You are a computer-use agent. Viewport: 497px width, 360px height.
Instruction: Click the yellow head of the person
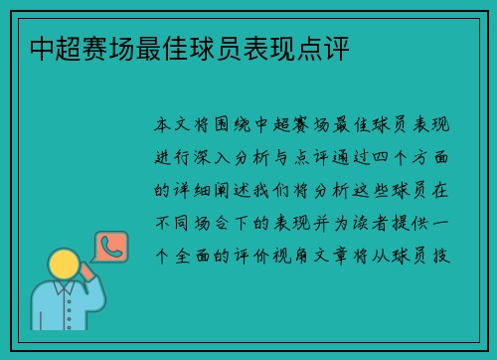63,263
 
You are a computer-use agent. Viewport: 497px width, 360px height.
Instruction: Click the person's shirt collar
64,289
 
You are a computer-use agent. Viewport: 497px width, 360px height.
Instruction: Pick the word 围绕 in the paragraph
233,126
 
